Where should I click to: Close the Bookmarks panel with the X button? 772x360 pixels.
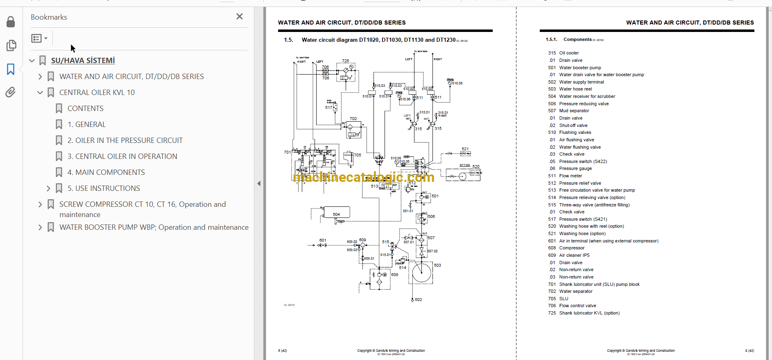240,16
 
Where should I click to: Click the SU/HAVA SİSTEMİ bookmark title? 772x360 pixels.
83,61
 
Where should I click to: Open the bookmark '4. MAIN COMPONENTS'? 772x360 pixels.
106,172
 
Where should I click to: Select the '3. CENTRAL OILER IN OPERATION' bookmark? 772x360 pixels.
122,156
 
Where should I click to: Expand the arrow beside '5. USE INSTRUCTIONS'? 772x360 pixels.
48,188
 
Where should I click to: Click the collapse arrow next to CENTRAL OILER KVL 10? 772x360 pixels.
40,93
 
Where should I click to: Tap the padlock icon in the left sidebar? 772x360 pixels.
11,22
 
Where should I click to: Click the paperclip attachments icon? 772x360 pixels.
11,92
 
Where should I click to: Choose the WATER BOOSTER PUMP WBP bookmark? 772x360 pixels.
154,227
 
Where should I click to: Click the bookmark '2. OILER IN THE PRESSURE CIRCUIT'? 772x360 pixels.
125,140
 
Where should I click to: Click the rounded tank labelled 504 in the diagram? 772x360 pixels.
336,212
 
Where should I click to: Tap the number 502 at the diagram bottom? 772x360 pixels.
418,300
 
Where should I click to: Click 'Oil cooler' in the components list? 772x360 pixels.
569,53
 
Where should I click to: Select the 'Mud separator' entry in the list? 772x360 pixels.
574,111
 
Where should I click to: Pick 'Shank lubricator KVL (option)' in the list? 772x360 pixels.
589,313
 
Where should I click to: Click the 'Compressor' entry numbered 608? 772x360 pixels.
572,248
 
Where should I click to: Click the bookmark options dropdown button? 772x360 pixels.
39,38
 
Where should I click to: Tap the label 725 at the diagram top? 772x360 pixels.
346,61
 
